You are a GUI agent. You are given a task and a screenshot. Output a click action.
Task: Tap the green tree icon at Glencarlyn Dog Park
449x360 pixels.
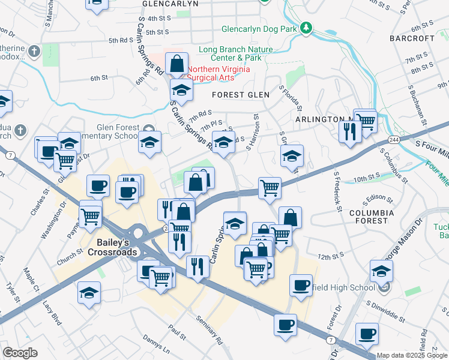click(307, 28)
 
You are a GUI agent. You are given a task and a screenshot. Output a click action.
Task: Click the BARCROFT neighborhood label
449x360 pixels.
click(428, 38)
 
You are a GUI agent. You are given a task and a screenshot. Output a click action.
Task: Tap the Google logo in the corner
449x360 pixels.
click(20, 353)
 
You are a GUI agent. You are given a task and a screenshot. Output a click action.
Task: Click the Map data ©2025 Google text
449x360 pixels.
click(411, 356)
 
